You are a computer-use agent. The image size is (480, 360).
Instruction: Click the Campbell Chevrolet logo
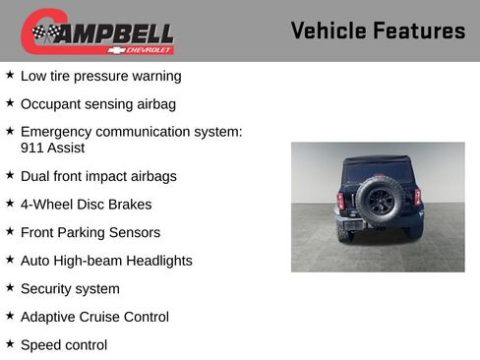click(x=97, y=32)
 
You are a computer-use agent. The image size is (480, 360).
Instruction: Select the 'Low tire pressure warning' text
click(x=100, y=76)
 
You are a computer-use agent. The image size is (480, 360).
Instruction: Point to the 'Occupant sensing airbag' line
click(x=97, y=103)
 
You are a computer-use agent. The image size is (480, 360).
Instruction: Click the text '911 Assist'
click(x=52, y=148)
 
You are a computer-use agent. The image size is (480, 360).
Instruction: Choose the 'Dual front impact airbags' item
click(x=98, y=176)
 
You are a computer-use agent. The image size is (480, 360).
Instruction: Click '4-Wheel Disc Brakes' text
click(x=86, y=205)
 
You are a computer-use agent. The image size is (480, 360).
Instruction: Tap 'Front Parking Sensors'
click(x=90, y=232)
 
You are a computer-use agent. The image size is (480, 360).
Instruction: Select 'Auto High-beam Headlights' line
click(x=106, y=261)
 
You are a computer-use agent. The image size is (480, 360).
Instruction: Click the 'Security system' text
click(x=70, y=288)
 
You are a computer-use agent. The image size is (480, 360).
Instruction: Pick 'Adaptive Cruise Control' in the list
click(x=94, y=317)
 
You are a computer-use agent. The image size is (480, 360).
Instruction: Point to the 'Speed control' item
click(x=64, y=345)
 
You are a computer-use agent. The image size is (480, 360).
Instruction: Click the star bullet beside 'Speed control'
click(x=10, y=343)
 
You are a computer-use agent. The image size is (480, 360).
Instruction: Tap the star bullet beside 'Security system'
click(x=10, y=287)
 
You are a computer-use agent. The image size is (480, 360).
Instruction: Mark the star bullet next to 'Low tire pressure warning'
click(x=10, y=74)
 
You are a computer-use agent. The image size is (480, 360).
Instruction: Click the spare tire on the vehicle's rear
click(x=379, y=200)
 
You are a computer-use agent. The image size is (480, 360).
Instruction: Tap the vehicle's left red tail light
click(x=340, y=200)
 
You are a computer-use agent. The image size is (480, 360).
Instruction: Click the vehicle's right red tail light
click(x=417, y=198)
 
